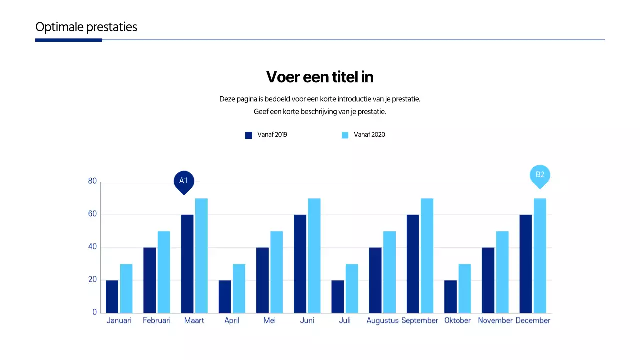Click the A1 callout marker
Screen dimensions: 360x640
[x=183, y=181]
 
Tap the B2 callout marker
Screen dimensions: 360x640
[x=540, y=175]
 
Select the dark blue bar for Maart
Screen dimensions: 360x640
[x=187, y=264]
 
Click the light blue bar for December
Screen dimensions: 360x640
[x=540, y=256]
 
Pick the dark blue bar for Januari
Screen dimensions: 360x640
[x=112, y=296]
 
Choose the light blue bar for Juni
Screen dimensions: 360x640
[x=314, y=256]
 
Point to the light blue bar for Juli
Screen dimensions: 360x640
[x=352, y=288]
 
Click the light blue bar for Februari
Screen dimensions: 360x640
[x=164, y=272]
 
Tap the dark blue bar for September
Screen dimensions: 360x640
[x=413, y=264]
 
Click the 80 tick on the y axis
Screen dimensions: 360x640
[x=92, y=181]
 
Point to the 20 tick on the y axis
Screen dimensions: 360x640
[x=92, y=280]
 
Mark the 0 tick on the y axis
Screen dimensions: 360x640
[x=94, y=312]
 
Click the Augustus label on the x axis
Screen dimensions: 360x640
[x=382, y=321]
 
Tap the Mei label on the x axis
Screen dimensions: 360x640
[x=269, y=321]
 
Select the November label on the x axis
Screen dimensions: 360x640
[x=495, y=321]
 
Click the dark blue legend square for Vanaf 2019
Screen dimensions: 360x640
[x=249, y=135]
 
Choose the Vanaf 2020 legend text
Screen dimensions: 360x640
[x=369, y=135]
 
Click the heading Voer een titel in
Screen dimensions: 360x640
[x=320, y=77]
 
